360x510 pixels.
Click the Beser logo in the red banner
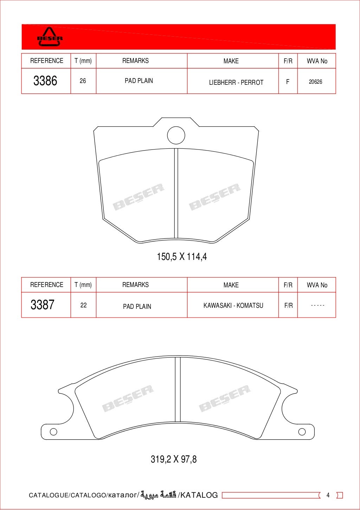pos(50,37)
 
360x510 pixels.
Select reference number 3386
pos(45,81)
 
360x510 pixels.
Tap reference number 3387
pos(43,305)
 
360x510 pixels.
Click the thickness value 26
pos(83,81)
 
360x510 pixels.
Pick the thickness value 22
pos(83,305)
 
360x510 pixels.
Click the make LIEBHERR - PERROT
pos(236,83)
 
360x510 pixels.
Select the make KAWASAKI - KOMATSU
pos(233,306)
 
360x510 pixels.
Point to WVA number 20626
pos(315,82)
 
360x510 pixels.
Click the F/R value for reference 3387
pos(288,306)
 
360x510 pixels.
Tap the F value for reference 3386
pos(288,82)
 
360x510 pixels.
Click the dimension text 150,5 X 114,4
pos(182,257)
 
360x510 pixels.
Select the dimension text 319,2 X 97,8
pos(174,459)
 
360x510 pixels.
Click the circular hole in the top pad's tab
pos(176,135)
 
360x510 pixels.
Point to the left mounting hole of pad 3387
pos(53,432)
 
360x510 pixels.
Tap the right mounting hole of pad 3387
pos(302,432)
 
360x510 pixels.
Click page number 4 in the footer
pos(328,495)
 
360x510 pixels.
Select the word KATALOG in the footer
pos(199,495)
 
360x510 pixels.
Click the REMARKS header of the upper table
pos(135,61)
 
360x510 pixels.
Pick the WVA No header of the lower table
pos(317,285)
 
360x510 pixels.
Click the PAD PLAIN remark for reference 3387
pos(137,306)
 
